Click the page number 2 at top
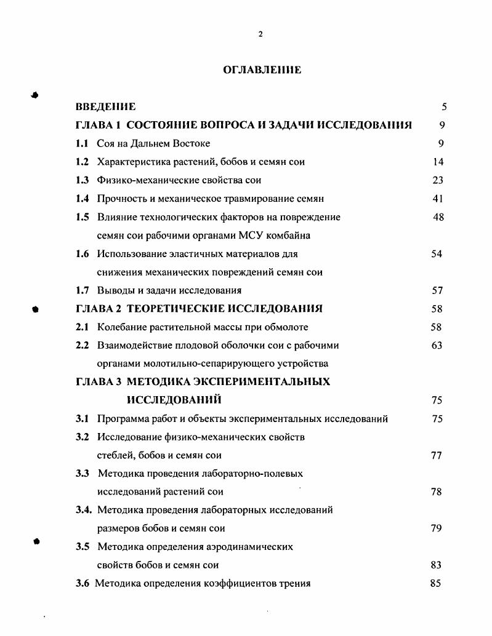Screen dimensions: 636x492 click(x=260, y=34)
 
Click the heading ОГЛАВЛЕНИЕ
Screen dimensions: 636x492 click(x=262, y=70)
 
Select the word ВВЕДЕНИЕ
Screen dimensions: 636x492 click(x=105, y=107)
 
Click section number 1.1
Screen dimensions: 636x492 click(x=83, y=143)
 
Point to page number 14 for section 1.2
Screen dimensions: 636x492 click(x=438, y=162)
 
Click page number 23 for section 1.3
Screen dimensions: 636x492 click(x=438, y=180)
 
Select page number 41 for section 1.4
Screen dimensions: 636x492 click(x=438, y=199)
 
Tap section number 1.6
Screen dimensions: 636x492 click(x=83, y=253)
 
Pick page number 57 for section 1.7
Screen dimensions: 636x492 click(x=437, y=290)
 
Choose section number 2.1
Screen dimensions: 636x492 click(x=83, y=327)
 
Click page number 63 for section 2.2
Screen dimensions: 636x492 click(x=437, y=345)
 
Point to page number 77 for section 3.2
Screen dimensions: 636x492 click(x=436, y=455)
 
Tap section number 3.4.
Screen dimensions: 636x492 click(x=84, y=509)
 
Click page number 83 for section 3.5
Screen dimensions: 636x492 click(x=436, y=565)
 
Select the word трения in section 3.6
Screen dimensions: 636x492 click(x=295, y=583)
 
